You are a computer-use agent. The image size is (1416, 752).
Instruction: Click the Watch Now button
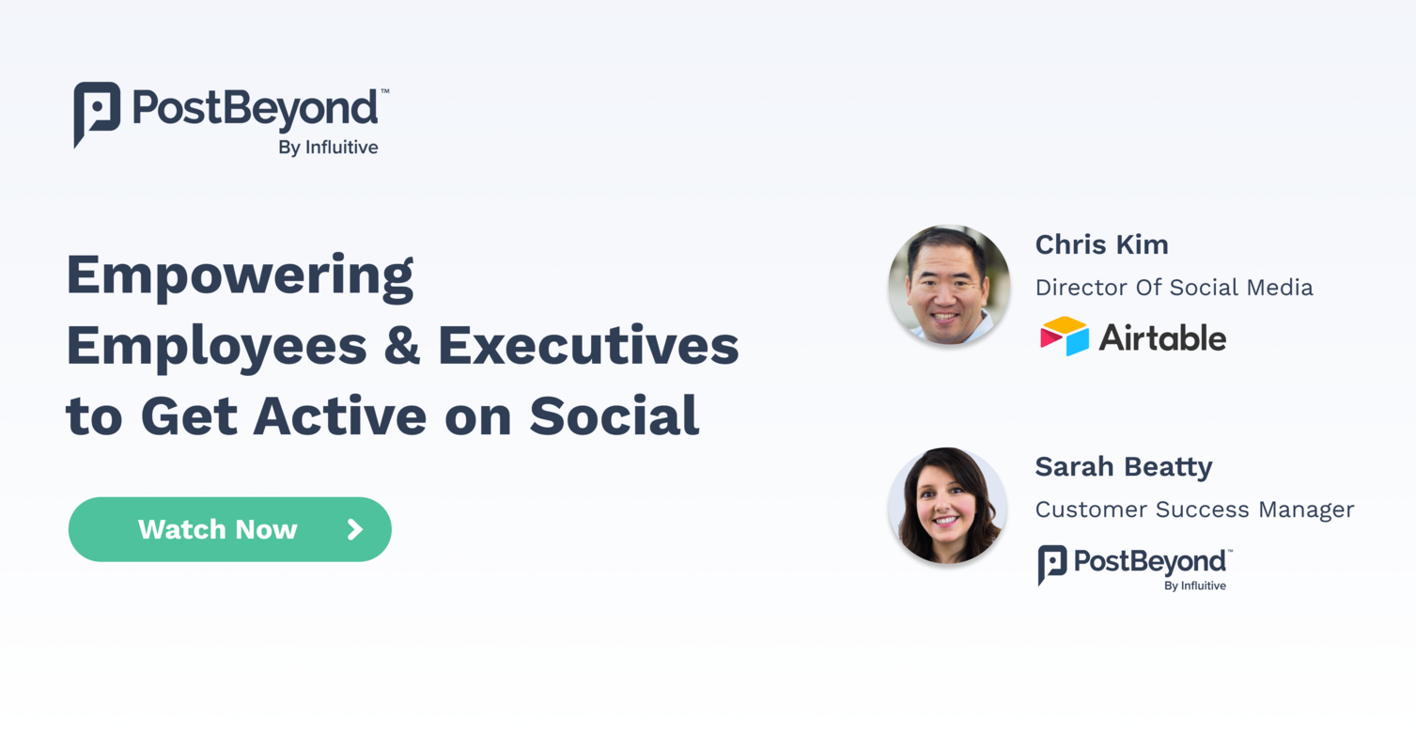click(229, 529)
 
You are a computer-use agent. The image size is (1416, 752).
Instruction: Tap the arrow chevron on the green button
click(355, 529)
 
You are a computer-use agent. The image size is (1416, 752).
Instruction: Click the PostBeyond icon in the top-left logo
click(96, 113)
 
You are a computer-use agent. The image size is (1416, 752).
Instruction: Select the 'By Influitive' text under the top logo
click(328, 147)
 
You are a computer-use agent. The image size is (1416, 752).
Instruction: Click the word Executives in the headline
click(588, 346)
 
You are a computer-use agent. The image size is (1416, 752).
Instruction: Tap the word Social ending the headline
click(615, 415)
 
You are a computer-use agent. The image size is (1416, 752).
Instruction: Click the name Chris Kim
click(1101, 244)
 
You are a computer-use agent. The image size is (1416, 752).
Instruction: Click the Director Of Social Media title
click(1174, 288)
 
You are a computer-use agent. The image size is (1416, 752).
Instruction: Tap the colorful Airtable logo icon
click(1064, 337)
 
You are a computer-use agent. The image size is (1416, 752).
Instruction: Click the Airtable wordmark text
click(1162, 337)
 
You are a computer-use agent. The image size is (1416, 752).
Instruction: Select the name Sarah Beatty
click(1123, 466)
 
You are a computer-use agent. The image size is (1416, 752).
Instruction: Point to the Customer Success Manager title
click(1194, 509)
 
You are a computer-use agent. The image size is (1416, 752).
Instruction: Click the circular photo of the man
click(948, 285)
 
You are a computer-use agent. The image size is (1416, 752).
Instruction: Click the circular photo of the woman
click(947, 506)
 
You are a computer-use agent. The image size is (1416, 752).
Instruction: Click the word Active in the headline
click(339, 415)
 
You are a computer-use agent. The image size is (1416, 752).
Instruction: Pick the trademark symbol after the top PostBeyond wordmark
click(384, 92)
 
